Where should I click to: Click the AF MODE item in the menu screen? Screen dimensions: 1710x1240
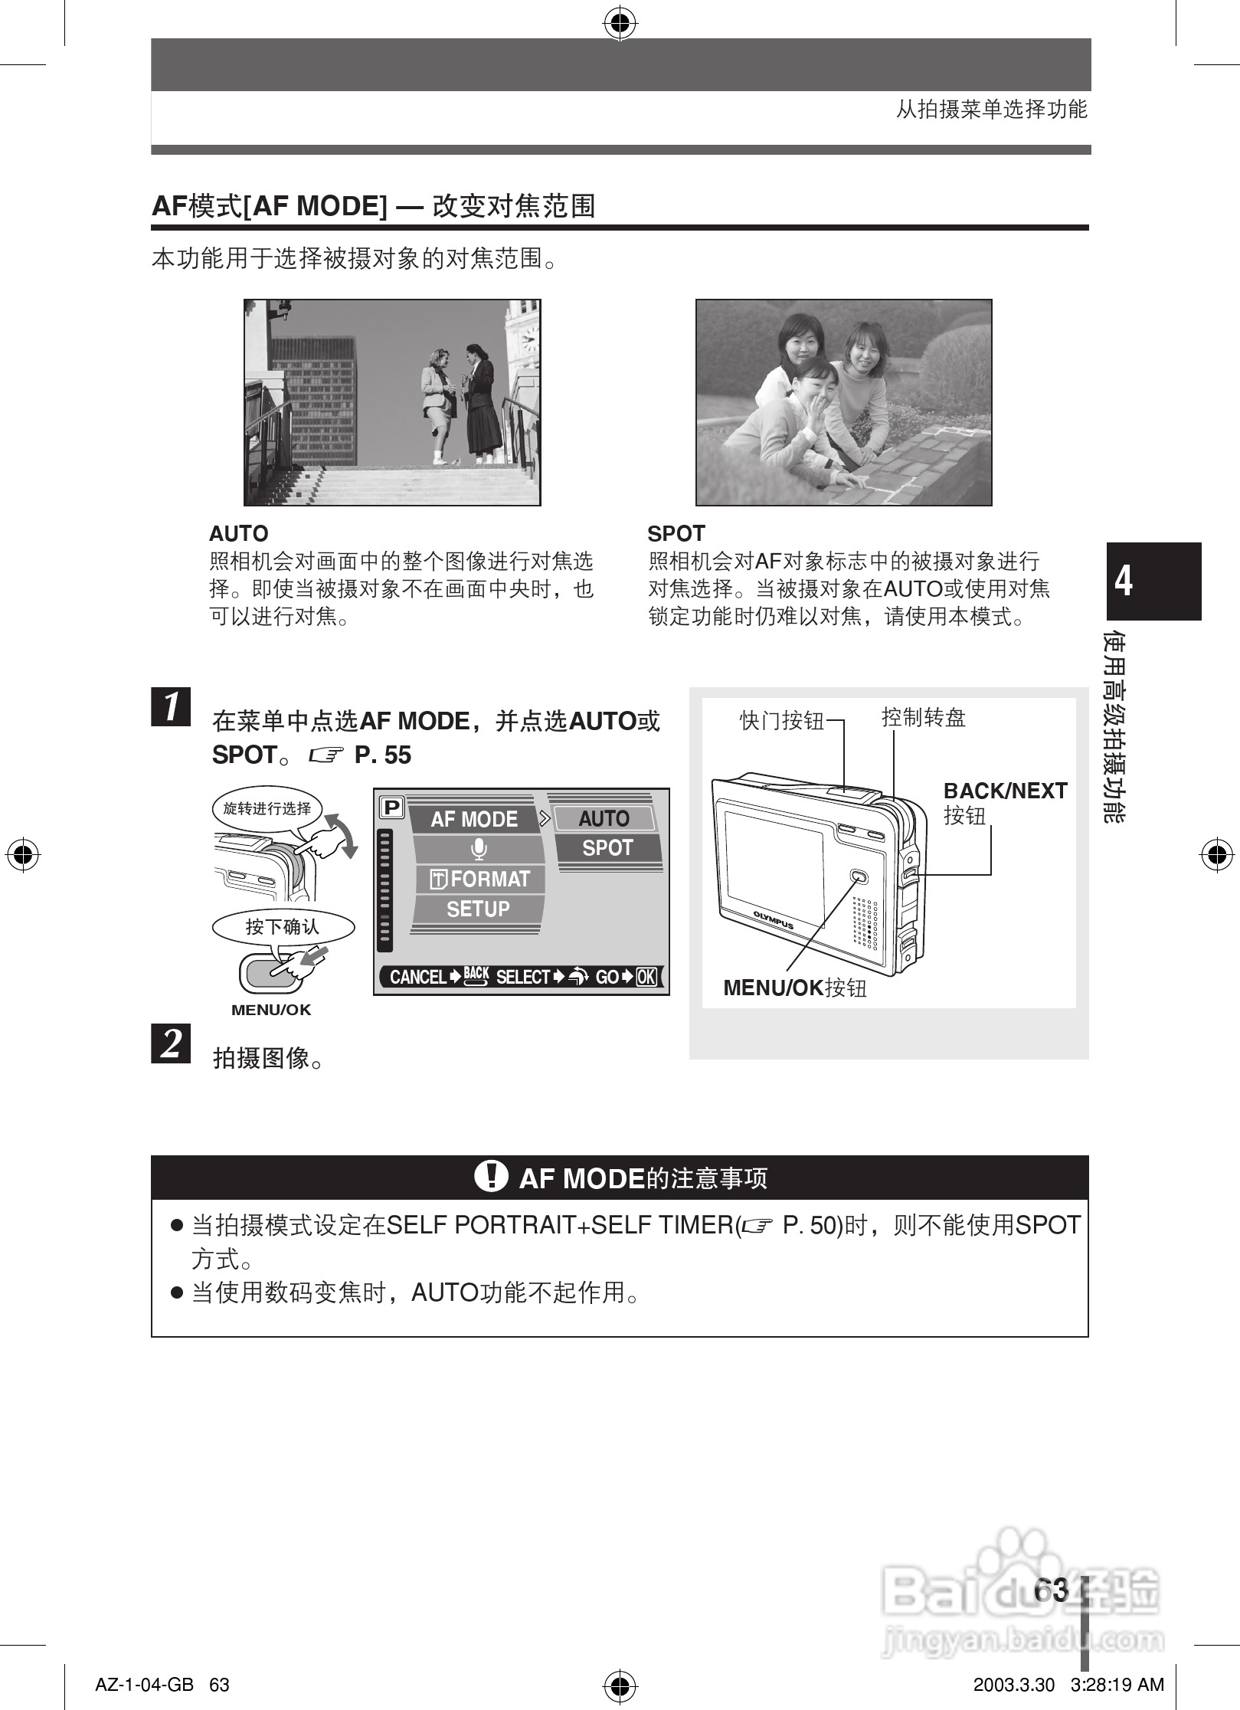click(x=473, y=819)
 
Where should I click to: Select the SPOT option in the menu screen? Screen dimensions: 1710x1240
click(x=607, y=848)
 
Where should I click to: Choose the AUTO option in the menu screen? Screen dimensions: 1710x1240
click(x=604, y=818)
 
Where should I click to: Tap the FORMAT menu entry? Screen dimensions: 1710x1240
click(x=481, y=879)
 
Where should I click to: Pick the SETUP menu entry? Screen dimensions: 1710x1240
click(x=478, y=909)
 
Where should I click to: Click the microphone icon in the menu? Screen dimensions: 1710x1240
click(x=479, y=849)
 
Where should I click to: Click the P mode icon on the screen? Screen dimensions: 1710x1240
click(x=391, y=807)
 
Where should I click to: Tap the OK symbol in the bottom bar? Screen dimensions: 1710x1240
click(x=646, y=977)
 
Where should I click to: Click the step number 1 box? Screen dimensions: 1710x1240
click(x=171, y=706)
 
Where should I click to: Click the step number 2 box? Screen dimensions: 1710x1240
click(x=171, y=1043)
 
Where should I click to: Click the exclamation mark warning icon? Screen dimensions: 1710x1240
click(x=491, y=1176)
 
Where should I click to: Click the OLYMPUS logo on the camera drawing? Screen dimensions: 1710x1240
click(x=773, y=920)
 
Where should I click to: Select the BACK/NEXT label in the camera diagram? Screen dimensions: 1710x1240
click(x=1005, y=791)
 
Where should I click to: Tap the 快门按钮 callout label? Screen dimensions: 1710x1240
click(x=781, y=720)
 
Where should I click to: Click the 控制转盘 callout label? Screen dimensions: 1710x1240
click(x=923, y=718)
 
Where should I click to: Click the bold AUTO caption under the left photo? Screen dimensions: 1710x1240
click(x=239, y=534)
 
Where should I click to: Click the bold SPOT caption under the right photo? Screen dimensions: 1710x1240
click(x=676, y=534)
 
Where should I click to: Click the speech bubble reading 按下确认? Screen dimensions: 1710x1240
click(x=283, y=927)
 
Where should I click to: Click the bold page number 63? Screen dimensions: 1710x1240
click(x=1050, y=1590)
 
